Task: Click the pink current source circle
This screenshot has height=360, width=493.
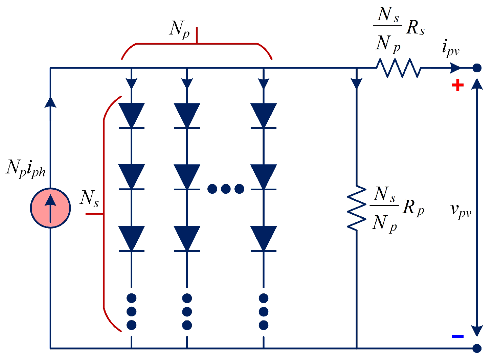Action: tap(50, 208)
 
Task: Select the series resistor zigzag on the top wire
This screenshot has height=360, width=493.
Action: tap(399, 68)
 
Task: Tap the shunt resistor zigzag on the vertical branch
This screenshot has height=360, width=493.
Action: tap(356, 208)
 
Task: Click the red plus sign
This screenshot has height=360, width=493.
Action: tap(457, 85)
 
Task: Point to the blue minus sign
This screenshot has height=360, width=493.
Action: tap(457, 336)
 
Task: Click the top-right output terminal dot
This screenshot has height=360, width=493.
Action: tap(477, 68)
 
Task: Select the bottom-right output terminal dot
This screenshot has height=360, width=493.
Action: tap(477, 348)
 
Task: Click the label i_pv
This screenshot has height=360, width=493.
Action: tap(450, 48)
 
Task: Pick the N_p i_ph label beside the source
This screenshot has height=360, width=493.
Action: tap(26, 168)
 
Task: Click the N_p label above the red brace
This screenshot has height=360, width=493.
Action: tap(179, 29)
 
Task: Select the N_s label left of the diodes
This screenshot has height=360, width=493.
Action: tap(90, 198)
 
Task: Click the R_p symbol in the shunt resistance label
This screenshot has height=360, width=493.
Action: tap(413, 207)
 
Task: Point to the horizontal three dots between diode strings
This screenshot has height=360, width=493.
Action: tap(226, 189)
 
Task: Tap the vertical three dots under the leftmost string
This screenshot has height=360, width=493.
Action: tap(131, 312)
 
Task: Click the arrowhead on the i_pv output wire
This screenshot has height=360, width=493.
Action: tap(454, 68)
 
